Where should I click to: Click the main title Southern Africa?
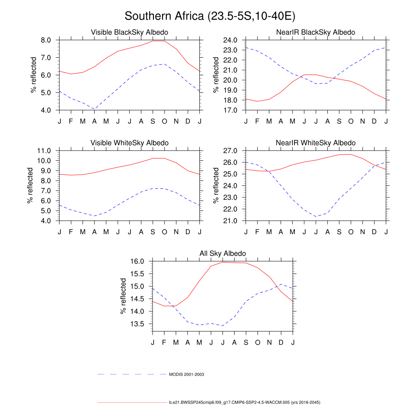tap(210, 16)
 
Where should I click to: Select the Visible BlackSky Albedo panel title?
tap(130, 32)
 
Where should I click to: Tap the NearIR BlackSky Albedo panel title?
tap(316, 32)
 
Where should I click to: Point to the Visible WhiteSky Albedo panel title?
tap(130, 143)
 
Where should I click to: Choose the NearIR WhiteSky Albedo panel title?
tap(316, 143)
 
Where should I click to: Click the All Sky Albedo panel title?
tap(223, 253)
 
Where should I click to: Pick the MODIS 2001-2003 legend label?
tap(187, 374)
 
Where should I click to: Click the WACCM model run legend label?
tap(244, 403)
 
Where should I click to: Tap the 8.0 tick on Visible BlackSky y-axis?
tap(46, 40)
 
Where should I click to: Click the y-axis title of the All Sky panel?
tap(123, 296)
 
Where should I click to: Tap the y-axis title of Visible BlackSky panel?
tap(34, 75)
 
